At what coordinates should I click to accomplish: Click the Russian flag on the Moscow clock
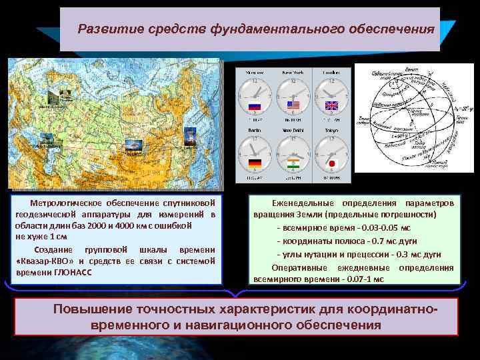pyautogui.click(x=254, y=106)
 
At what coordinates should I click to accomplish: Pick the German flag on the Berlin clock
pyautogui.click(x=254, y=163)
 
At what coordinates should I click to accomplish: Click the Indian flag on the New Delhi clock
pyautogui.click(x=293, y=163)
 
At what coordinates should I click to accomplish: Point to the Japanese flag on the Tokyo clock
pyautogui.click(x=331, y=163)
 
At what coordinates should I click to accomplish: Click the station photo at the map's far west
pyautogui.click(x=47, y=139)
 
